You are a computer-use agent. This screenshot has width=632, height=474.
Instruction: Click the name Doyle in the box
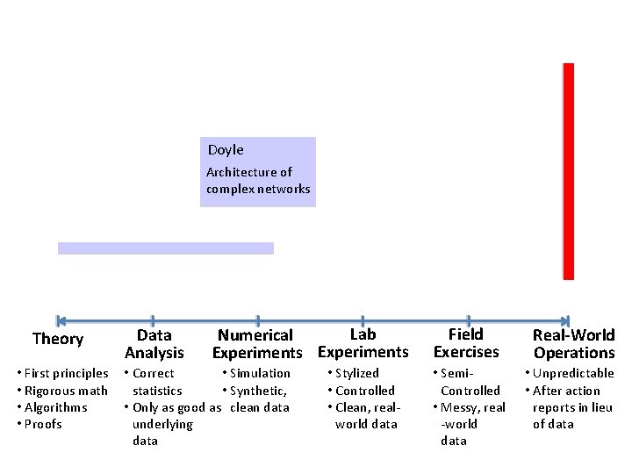(x=226, y=150)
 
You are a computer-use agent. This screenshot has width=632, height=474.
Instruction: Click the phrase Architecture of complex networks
(x=257, y=180)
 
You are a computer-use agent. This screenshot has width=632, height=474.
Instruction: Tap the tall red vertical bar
(x=568, y=171)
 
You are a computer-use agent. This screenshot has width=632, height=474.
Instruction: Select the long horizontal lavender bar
(x=166, y=248)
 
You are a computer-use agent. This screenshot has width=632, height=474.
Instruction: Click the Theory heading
(x=58, y=339)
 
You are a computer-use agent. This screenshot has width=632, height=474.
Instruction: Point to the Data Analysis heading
(x=154, y=344)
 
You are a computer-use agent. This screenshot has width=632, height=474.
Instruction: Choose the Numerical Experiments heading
(x=255, y=344)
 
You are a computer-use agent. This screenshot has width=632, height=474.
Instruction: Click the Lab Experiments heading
(x=363, y=343)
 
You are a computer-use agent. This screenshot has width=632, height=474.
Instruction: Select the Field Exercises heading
(x=466, y=343)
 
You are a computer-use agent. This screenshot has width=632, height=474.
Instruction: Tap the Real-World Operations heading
(x=574, y=344)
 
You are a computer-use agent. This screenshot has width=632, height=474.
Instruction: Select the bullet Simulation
(x=260, y=374)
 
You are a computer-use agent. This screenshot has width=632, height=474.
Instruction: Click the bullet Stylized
(x=356, y=374)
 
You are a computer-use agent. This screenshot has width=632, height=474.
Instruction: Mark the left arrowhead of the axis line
(x=60, y=321)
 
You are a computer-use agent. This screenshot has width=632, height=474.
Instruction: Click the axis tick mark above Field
(x=469, y=321)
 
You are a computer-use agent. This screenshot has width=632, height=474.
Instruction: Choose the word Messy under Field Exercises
(x=456, y=407)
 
